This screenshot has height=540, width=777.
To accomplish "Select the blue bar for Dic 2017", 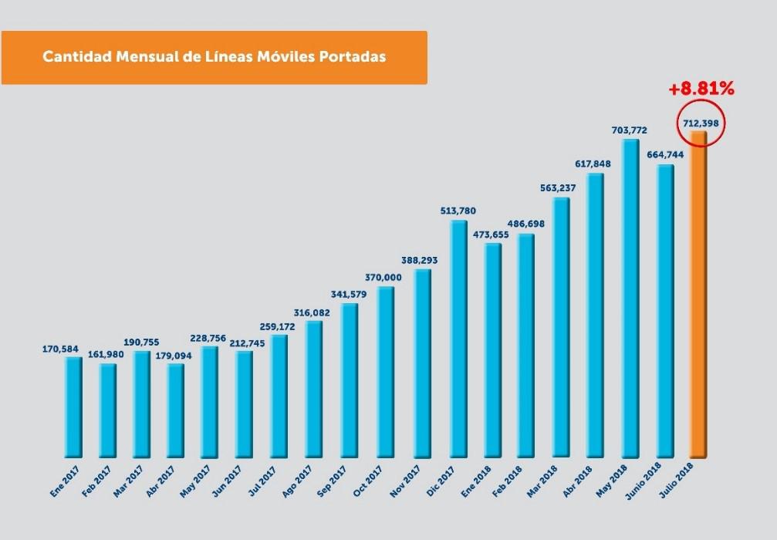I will coord(458,339).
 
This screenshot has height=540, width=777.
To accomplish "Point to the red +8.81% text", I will coord(701,89).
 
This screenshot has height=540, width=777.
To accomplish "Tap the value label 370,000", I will coord(383,277).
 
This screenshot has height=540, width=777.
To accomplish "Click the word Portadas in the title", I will coord(350,57).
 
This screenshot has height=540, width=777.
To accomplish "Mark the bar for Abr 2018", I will coord(595,316).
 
